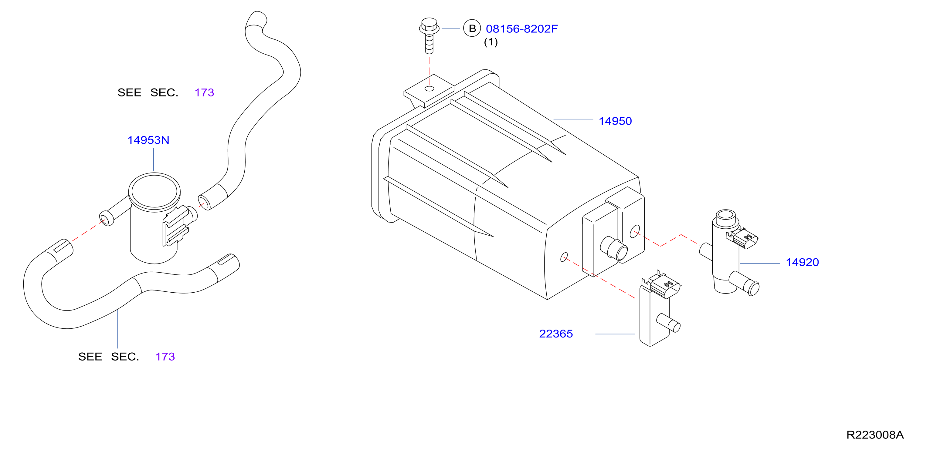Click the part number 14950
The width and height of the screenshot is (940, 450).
[x=615, y=121]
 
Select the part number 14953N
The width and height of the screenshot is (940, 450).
[x=148, y=140]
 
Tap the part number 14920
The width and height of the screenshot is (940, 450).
[x=802, y=262]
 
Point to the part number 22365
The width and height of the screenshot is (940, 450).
[x=556, y=334]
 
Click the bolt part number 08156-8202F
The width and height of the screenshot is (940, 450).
[x=522, y=29]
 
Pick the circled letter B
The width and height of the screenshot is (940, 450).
[x=472, y=29]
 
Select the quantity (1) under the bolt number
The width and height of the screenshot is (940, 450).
[x=491, y=42]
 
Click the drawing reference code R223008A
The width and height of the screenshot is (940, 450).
[x=875, y=435]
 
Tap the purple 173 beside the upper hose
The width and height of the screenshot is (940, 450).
[x=204, y=92]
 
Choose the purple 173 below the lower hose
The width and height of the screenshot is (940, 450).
[x=165, y=357]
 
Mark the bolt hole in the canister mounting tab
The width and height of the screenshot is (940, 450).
[x=429, y=89]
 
